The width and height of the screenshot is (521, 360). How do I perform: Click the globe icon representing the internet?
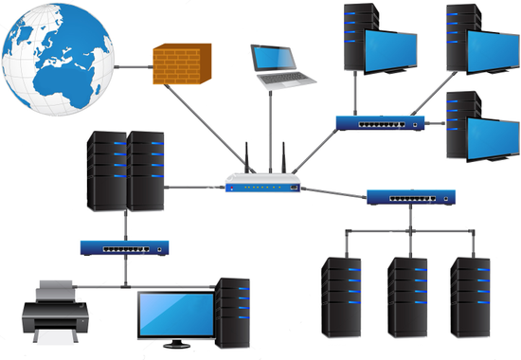[59, 57]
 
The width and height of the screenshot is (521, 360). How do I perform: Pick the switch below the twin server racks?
[124, 247]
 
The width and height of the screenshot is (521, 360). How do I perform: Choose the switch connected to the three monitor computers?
[379, 123]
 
